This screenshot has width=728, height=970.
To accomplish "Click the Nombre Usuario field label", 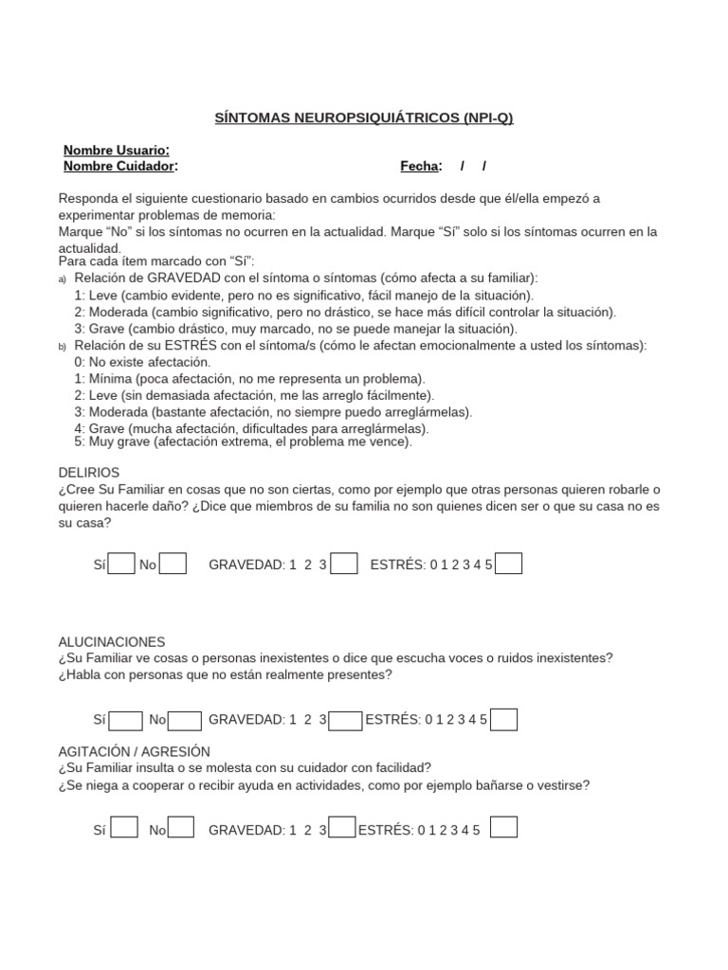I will (x=117, y=151).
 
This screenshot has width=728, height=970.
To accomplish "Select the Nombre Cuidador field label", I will (x=120, y=166).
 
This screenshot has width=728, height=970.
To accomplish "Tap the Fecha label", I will (x=421, y=166).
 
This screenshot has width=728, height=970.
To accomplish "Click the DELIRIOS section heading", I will (x=89, y=472).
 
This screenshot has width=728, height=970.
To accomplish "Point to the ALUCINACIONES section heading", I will (x=112, y=641).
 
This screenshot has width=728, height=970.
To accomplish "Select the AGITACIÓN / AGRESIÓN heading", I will (x=134, y=751).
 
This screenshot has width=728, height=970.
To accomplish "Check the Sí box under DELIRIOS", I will (x=121, y=565).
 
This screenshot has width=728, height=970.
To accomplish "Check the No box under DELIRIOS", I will (x=173, y=565).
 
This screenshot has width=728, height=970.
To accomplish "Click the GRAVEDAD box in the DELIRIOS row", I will (x=344, y=565).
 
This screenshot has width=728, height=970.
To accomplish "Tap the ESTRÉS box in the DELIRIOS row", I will (x=509, y=565).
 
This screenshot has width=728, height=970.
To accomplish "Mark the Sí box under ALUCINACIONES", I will (x=126, y=720).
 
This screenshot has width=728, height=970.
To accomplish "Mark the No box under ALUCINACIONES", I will (x=185, y=720).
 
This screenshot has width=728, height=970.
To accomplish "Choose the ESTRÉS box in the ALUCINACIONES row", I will (x=504, y=720).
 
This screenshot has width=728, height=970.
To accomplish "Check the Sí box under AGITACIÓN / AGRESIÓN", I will (x=124, y=828).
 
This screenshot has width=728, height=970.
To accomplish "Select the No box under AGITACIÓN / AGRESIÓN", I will (x=181, y=828).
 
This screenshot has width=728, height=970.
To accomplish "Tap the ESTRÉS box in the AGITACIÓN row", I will (x=504, y=828).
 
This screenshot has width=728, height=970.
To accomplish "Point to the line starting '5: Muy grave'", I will (x=243, y=441).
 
